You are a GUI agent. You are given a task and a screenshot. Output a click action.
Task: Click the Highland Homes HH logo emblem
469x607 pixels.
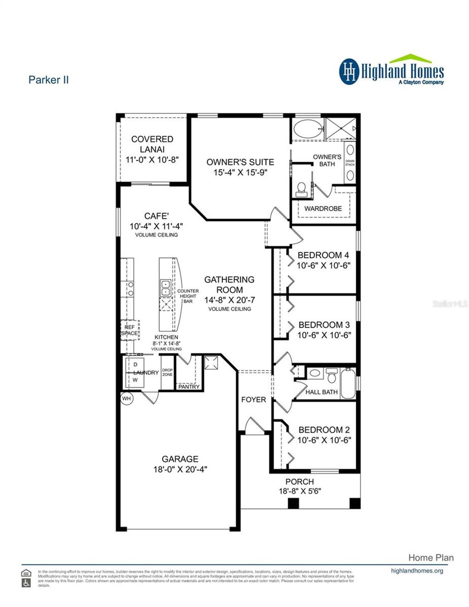349,71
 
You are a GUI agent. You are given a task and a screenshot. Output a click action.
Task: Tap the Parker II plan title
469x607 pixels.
49,80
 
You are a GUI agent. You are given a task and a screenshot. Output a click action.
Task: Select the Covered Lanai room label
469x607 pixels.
152,144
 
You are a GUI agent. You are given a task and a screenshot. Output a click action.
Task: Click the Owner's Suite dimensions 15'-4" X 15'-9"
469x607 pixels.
240,173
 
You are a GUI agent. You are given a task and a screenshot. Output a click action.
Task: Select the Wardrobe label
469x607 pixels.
323,208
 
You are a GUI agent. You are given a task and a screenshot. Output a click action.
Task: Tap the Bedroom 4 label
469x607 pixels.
323,255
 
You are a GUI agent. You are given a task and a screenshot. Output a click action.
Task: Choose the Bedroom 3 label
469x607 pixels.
324,325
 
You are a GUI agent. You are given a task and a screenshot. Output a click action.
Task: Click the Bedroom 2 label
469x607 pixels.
324,429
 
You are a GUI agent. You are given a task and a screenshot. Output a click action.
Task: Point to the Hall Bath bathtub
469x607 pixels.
347,384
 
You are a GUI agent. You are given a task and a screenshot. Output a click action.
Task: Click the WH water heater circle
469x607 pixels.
126,399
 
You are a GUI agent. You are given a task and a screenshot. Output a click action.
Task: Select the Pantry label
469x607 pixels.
189,387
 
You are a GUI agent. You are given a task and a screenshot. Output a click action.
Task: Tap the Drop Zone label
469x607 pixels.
167,372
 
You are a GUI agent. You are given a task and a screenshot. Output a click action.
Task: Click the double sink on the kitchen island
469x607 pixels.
165,288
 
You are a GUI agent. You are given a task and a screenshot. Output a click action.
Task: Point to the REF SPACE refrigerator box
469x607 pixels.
130,330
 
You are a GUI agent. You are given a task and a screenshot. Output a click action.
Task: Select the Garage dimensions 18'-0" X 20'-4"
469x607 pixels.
180,469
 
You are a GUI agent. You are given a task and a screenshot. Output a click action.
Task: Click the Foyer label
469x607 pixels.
253,400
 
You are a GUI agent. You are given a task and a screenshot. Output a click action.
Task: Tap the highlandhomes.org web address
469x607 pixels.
417,571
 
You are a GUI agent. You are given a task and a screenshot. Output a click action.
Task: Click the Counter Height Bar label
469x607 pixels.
188,296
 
